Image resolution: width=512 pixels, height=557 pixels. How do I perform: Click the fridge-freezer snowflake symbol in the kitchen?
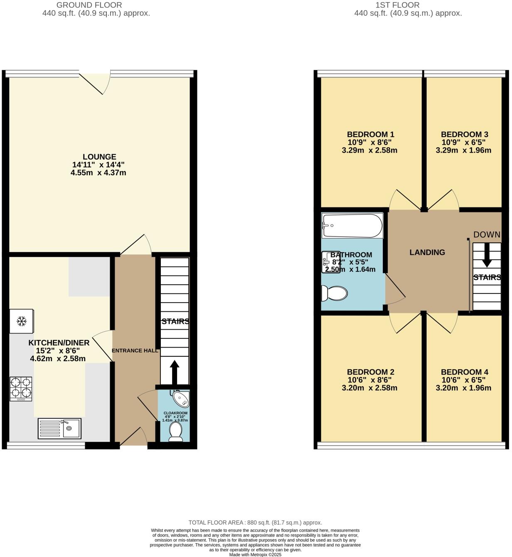(22, 321)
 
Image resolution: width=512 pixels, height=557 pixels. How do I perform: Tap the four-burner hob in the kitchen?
(21, 389)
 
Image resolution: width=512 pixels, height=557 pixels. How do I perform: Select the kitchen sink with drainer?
(59, 428)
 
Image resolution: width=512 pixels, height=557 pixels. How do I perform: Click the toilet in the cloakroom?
(175, 432)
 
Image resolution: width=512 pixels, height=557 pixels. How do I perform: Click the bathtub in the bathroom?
(352, 225)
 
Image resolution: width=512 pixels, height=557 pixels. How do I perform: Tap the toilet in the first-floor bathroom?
(334, 293)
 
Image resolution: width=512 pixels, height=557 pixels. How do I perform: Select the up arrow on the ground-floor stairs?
(175, 372)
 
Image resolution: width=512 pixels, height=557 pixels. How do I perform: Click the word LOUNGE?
(99, 157)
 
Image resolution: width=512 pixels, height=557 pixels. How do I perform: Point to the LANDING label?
(427, 252)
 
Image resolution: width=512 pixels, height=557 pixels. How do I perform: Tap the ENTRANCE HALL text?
(135, 350)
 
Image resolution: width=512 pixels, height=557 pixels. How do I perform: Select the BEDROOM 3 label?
(464, 134)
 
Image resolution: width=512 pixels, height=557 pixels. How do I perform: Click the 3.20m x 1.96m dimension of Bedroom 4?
(463, 388)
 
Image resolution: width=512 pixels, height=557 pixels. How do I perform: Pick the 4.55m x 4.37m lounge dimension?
(98, 173)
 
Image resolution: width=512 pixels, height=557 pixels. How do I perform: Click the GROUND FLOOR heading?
(89, 5)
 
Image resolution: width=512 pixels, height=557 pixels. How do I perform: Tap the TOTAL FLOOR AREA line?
(255, 522)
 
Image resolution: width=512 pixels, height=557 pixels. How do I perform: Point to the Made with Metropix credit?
(255, 555)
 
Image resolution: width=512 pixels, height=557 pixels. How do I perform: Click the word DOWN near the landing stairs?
(487, 234)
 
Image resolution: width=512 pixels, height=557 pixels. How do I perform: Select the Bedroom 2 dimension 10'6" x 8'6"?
(369, 380)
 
